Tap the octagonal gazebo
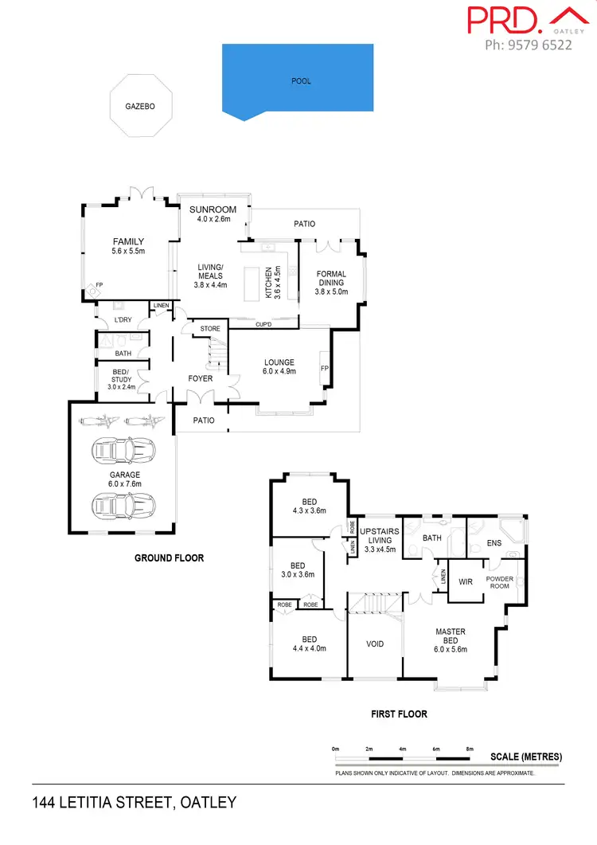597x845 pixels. [x=139, y=105]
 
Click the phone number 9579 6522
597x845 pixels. [x=529, y=45]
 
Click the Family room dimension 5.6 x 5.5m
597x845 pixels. [x=128, y=250]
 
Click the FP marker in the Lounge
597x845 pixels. [x=324, y=369]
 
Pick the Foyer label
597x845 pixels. [x=201, y=378]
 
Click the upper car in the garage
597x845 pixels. [x=124, y=452]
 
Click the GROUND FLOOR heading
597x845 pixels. [x=169, y=558]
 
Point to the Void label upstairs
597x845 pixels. [x=375, y=644]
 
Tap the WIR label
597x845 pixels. [x=466, y=581]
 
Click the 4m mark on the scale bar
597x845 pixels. [x=402, y=749]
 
